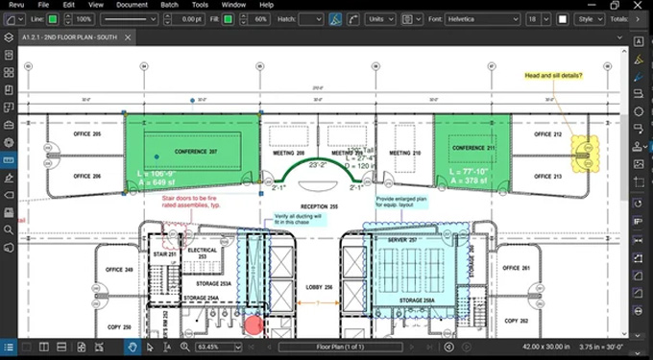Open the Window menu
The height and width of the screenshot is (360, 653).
232,5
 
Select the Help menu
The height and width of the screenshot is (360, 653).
266,5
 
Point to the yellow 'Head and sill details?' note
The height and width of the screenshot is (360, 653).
553,75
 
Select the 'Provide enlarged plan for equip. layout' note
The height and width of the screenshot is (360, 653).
400,202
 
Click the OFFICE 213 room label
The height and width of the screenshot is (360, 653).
546,177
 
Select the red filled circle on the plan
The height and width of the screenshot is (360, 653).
254,324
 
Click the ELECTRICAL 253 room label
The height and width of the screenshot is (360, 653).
202,254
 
